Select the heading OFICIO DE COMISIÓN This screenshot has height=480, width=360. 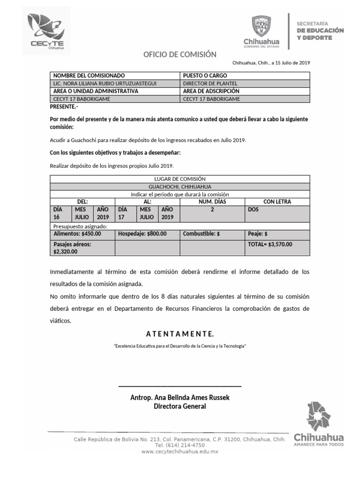point(180,54)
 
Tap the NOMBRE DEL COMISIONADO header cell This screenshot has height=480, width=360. point(89,75)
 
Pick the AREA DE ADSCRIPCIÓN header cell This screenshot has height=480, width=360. point(211,91)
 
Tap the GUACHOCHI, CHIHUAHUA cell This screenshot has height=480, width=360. point(180,186)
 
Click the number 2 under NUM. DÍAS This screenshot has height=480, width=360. point(212,210)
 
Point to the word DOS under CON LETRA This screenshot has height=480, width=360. point(253,210)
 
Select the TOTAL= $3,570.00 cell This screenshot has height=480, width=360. point(270,244)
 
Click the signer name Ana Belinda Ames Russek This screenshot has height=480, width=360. point(180,397)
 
